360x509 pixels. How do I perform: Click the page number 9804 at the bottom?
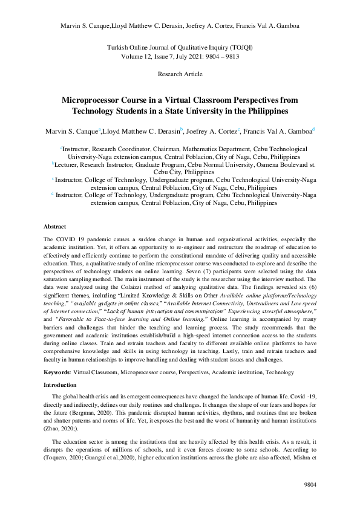[x=309, y=484]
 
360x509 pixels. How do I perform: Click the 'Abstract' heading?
[x=56, y=227]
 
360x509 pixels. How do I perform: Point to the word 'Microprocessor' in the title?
[x=96, y=100]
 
